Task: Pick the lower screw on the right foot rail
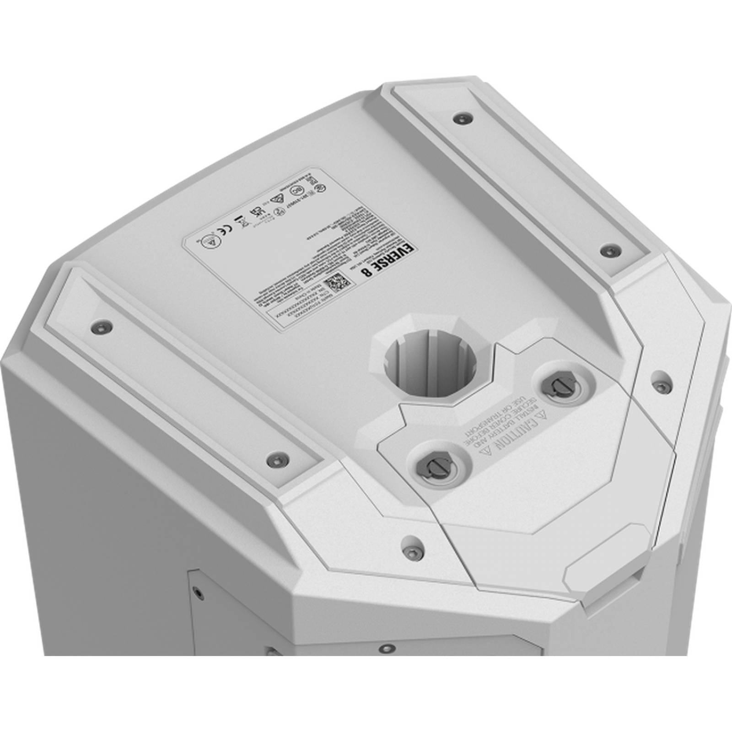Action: (x=608, y=250)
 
